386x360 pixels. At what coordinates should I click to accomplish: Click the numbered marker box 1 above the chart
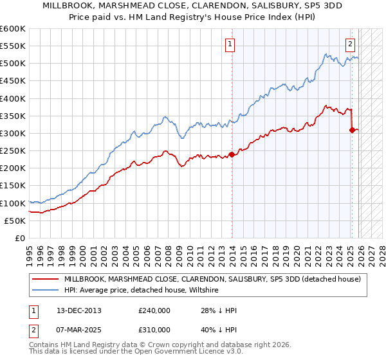[230, 44]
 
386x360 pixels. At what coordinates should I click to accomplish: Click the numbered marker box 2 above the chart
[350, 44]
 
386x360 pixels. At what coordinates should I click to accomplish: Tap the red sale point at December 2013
[231, 154]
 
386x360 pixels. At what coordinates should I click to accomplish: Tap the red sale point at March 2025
[352, 130]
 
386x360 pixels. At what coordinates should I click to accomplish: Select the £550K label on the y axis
[13, 46]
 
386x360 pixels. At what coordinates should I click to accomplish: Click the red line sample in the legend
[46, 279]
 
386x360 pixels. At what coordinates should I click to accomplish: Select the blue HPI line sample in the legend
[46, 291]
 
